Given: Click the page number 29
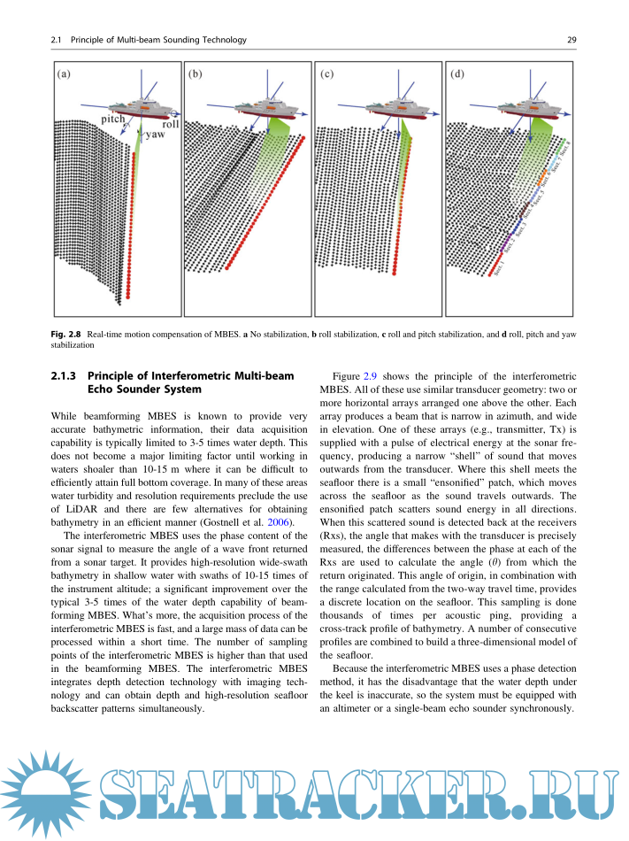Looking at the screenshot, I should [x=571, y=40].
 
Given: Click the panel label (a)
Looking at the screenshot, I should [x=65, y=74].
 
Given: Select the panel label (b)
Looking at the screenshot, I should [x=196, y=74].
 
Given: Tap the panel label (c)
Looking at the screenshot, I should [x=326, y=74].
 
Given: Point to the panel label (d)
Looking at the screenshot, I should [x=457, y=74].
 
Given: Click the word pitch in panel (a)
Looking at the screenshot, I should [x=113, y=119].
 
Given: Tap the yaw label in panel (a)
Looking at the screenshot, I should [x=155, y=135].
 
